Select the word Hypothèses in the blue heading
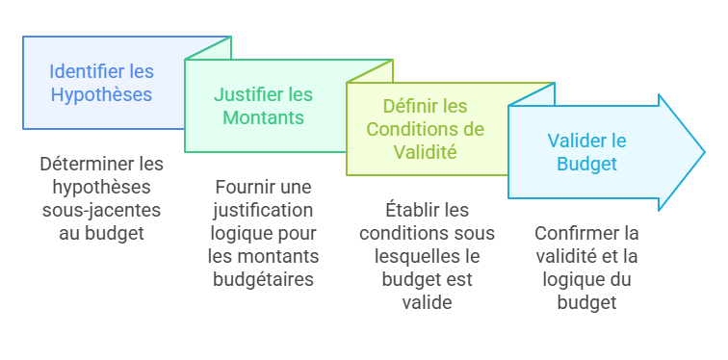[101, 95]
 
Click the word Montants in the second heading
[263, 118]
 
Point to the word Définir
[411, 106]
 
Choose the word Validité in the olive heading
[425, 151]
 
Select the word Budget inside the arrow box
[587, 164]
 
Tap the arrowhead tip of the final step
[705, 151]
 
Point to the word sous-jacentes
[101, 210]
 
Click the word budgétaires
[263, 279]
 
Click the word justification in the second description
[263, 210]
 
